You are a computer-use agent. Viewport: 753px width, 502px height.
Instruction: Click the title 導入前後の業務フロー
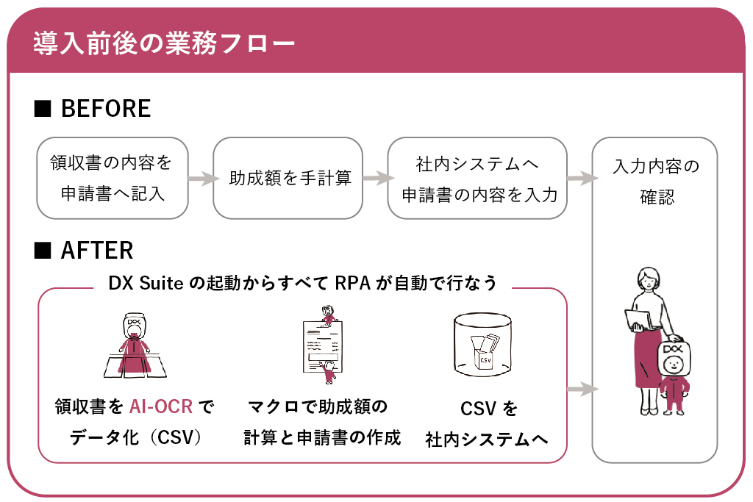[x=164, y=43]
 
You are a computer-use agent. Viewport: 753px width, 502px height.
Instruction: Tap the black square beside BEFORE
[x=43, y=109]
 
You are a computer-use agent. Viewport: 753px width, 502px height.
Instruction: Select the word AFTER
[x=97, y=250]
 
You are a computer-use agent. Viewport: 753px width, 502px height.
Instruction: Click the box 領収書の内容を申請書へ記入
[x=113, y=178]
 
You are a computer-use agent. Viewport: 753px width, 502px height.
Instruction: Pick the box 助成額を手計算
[x=288, y=178]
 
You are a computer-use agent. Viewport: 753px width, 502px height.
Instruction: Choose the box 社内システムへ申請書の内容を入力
[x=477, y=178]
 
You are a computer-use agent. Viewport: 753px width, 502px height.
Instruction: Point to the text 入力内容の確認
[x=656, y=182]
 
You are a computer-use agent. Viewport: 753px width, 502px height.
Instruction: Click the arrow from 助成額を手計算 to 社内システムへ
[x=378, y=178]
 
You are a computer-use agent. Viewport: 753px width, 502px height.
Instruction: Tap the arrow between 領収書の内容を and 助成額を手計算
[x=203, y=178]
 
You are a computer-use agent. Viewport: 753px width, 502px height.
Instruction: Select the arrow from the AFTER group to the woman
[x=582, y=389]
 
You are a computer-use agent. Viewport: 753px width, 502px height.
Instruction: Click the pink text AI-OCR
[x=161, y=406]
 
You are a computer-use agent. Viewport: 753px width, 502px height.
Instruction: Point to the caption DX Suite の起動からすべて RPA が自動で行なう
[x=302, y=283]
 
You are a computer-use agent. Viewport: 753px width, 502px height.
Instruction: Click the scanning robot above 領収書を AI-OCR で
[x=135, y=345]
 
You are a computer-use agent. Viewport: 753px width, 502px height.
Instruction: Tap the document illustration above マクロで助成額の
[x=323, y=345]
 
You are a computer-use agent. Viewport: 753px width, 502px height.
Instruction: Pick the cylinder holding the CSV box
[x=482, y=344]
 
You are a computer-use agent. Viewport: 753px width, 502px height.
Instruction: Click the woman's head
[x=649, y=279]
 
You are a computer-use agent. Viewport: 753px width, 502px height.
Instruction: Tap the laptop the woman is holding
[x=639, y=320]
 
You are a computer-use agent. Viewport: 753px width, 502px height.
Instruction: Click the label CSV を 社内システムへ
[x=487, y=424]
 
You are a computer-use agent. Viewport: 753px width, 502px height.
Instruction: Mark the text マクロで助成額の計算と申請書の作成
[x=322, y=422]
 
